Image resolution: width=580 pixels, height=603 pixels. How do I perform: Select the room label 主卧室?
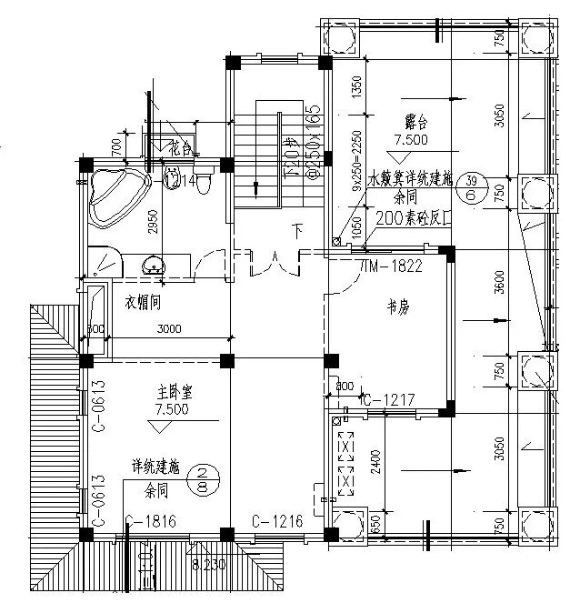(172, 392)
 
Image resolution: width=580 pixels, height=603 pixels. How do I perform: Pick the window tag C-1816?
(150, 520)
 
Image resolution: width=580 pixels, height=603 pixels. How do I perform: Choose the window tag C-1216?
(276, 520)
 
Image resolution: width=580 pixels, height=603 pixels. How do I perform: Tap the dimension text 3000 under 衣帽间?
(169, 329)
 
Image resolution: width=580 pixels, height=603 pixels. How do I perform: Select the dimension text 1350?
(356, 87)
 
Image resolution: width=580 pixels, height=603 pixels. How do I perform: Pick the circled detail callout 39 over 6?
(471, 187)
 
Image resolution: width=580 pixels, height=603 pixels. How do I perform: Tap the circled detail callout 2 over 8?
(205, 478)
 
